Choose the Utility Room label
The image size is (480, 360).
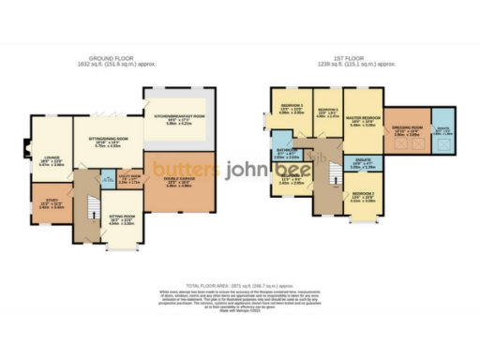click(x=130, y=176)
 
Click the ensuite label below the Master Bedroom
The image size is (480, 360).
click(x=360, y=165)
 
